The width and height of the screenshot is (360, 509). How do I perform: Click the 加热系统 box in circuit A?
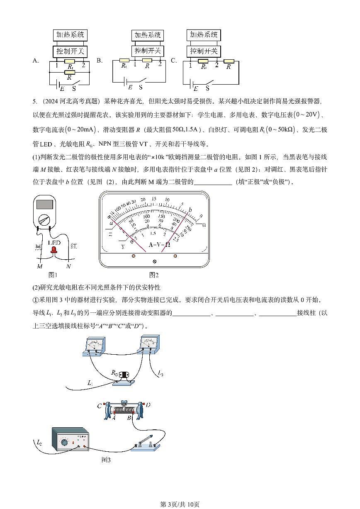71,35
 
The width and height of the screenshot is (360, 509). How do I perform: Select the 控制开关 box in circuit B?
147,51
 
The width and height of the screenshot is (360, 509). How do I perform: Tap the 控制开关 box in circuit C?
203,51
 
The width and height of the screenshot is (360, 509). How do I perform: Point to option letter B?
100,61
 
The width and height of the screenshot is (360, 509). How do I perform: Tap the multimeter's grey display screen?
44,204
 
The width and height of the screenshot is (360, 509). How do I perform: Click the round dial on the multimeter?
44,219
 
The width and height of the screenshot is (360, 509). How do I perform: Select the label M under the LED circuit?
39,266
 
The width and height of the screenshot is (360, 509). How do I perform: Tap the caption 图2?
154,275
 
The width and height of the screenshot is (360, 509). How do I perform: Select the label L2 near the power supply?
39,443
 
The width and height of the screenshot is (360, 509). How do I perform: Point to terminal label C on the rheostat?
99,406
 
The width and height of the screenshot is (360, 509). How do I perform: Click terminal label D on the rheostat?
148,405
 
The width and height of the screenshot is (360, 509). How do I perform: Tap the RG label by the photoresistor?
114,373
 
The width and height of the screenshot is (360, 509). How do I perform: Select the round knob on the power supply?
64,443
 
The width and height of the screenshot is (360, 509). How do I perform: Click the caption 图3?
106,460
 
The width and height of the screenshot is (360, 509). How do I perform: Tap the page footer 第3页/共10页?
180,504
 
